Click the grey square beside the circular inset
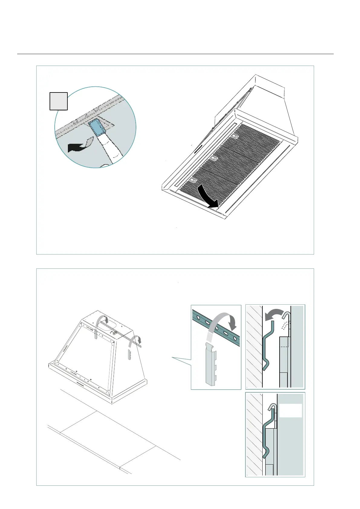58,101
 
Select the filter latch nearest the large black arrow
192,180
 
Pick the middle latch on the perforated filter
213,158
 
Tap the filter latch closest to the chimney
235,136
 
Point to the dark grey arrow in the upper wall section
274,315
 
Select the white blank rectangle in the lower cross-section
290,410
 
